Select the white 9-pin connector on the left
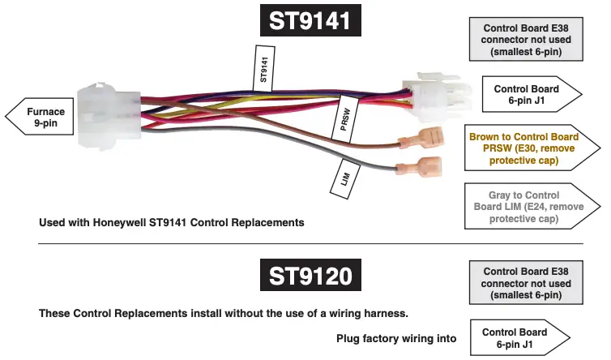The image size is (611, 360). [x=109, y=118]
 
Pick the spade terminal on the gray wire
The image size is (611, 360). [x=419, y=169]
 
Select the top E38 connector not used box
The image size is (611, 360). [x=527, y=38]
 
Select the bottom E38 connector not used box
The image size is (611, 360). [x=527, y=282]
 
